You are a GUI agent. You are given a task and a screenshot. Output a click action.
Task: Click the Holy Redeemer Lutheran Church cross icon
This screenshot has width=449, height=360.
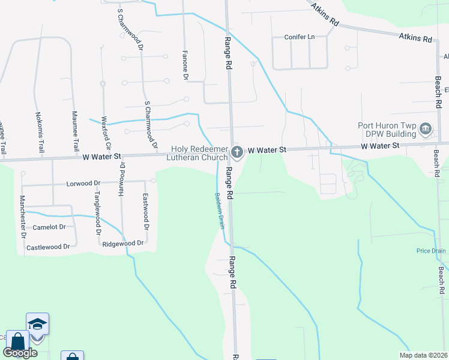pos(237,152)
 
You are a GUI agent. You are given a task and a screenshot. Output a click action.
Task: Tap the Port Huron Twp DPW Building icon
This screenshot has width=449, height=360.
pos(426,128)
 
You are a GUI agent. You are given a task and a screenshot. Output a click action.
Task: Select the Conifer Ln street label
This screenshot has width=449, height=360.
pos(300,37)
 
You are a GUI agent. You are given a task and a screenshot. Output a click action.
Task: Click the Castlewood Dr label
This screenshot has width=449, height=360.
pos(48,247)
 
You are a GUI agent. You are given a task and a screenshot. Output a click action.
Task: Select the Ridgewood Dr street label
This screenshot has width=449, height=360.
pos(122,243)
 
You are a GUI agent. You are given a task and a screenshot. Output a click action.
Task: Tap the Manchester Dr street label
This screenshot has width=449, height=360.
pos(23,216)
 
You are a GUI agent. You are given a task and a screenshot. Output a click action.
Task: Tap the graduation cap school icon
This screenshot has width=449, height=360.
pos(37,324)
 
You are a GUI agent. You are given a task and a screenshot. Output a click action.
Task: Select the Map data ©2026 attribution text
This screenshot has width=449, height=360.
pos(423,355)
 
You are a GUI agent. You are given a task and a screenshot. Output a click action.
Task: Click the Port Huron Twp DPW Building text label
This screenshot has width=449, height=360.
pos(387,130)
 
